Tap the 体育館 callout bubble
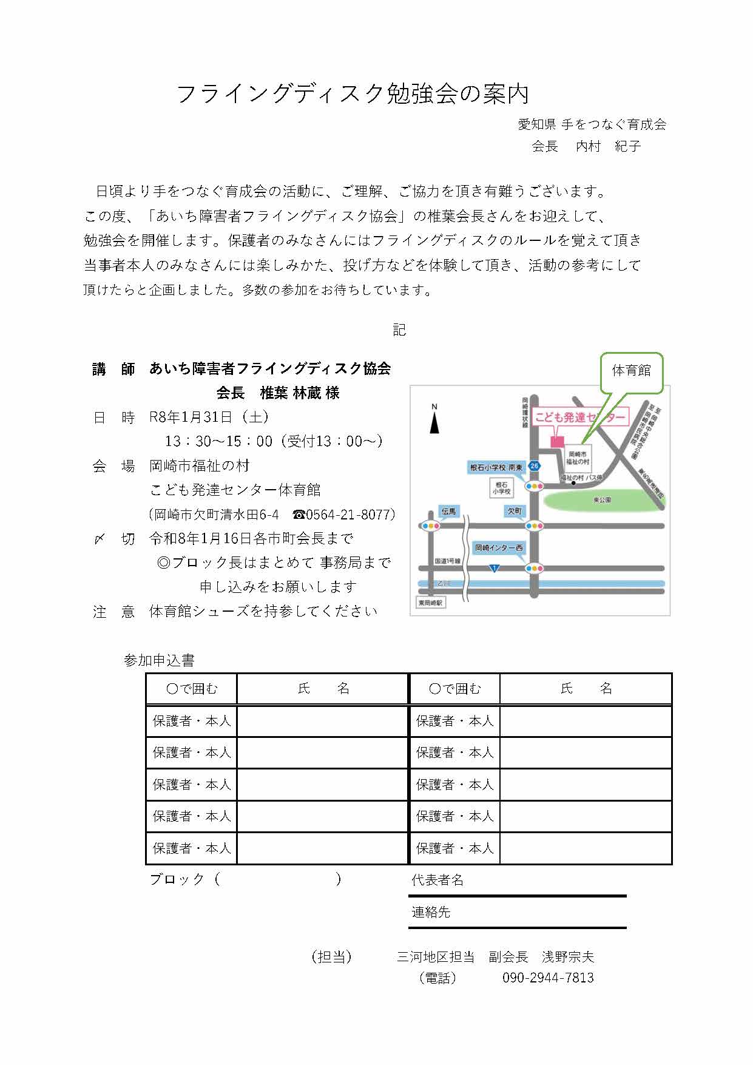click(631, 370)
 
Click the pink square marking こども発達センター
click(557, 441)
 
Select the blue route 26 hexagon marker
click(534, 466)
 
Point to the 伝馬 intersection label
click(448, 512)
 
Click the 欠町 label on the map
click(515, 511)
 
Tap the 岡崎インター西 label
click(499, 547)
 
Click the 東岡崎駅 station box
click(431, 603)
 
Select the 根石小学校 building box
click(501, 488)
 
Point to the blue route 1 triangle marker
click(495, 568)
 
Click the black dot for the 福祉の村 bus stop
click(572, 484)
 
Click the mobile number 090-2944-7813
click(548, 978)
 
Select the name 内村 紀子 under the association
click(608, 146)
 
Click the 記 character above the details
click(399, 330)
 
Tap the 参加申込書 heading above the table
click(159, 660)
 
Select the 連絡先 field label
click(431, 912)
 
